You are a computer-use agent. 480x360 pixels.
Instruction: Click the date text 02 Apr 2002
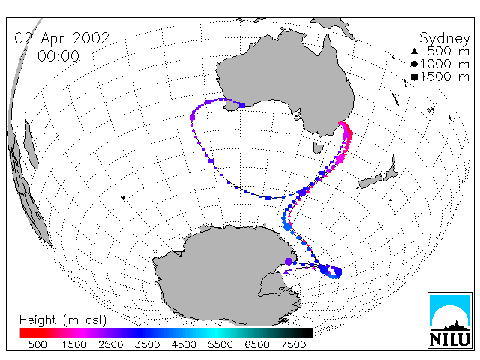pyautogui.click(x=61, y=38)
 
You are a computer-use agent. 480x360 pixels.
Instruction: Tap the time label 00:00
pyautogui.click(x=58, y=56)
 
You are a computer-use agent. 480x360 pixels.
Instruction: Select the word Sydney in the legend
pyautogui.click(x=444, y=39)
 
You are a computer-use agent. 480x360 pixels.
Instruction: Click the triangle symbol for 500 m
pyautogui.click(x=414, y=51)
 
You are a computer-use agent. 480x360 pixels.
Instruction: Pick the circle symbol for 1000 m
pyautogui.click(x=414, y=64)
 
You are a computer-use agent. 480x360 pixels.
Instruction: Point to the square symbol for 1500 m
pyautogui.click(x=414, y=76)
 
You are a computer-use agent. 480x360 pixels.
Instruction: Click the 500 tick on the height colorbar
pyautogui.click(x=37, y=345)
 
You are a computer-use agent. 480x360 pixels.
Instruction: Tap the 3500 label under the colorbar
pyautogui.click(x=147, y=345)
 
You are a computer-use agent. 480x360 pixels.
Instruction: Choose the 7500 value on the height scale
pyautogui.click(x=293, y=345)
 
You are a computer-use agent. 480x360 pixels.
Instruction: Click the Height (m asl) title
pyautogui.click(x=63, y=320)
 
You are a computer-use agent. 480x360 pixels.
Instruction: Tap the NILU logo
pyautogui.click(x=450, y=320)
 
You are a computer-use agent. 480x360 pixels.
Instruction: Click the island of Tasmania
pyautogui.click(x=318, y=148)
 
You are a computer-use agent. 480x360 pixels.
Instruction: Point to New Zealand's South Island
pyautogui.click(x=370, y=181)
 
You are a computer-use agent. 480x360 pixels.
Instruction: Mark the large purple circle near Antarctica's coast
pyautogui.click(x=288, y=262)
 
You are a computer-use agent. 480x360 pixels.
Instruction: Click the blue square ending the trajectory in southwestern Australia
pyautogui.click(x=242, y=105)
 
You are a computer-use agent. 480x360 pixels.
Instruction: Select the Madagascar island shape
pyautogui.click(x=31, y=145)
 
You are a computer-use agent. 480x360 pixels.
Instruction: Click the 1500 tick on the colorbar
pyautogui.click(x=74, y=345)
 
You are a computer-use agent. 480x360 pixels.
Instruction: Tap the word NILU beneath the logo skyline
pyautogui.click(x=450, y=340)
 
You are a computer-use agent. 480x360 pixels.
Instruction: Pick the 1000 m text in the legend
pyautogui.click(x=445, y=64)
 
